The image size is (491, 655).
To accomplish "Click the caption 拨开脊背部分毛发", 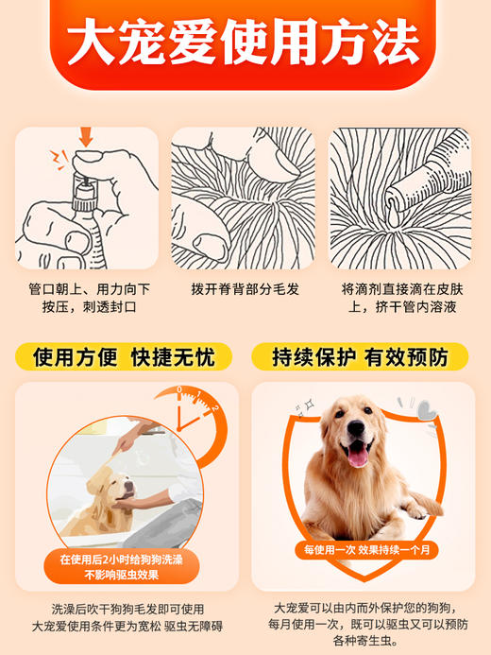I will tap(245, 288).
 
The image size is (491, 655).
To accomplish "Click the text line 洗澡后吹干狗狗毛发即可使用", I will tap(127, 609).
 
